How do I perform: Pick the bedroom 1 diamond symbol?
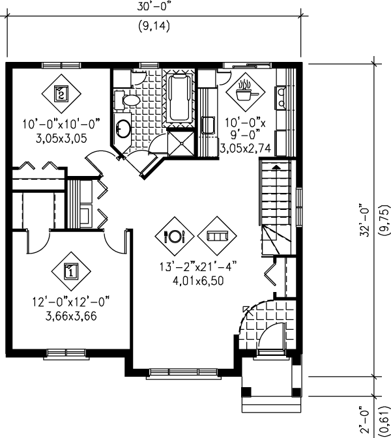click(x=70, y=270)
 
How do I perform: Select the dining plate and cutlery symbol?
click(x=175, y=235)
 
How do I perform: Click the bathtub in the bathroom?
click(x=181, y=99)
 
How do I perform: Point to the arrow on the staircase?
click(x=276, y=167)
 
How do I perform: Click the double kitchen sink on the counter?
click(x=282, y=97)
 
